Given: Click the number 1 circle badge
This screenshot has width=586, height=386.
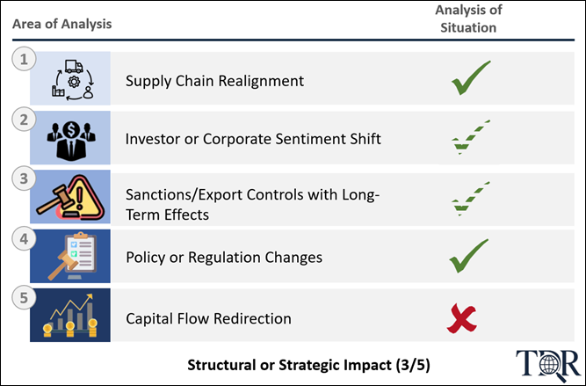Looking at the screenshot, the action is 24,59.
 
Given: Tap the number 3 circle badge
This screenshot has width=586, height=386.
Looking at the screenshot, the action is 24,178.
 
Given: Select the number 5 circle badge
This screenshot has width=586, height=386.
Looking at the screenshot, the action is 24,298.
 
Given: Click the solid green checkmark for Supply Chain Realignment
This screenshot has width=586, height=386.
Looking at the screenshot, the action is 471,77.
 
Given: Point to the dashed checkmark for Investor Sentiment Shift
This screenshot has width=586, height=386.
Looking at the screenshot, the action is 471,137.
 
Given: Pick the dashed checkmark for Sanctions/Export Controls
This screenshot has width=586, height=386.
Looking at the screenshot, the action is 471,199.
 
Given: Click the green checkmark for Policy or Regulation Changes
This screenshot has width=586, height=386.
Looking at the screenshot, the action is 468,256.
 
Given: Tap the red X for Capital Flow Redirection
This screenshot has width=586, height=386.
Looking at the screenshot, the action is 462,318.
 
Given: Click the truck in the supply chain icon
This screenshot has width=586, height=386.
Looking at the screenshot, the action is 74,67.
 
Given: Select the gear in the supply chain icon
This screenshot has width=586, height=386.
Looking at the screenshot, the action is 74,81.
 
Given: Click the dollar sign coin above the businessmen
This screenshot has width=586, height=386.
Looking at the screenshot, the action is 70,130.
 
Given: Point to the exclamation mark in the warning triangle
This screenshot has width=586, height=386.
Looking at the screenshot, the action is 79,198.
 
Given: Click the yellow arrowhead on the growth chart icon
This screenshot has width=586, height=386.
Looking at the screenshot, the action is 89,297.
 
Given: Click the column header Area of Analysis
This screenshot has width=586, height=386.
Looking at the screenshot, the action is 62,24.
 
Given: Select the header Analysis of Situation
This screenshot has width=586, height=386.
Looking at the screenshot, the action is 468,18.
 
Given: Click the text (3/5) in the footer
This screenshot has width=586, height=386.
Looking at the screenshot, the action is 413,365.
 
